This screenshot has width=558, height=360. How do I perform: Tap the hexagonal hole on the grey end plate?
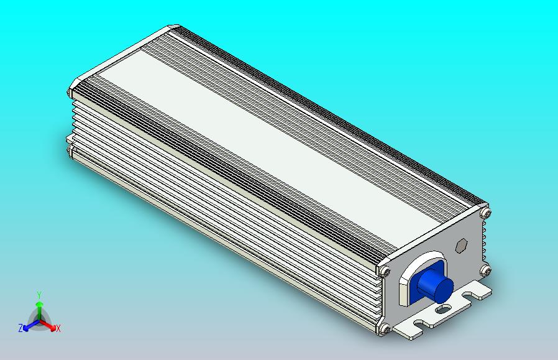click(x=461, y=245)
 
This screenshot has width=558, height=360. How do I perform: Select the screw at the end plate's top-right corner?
click(x=486, y=213)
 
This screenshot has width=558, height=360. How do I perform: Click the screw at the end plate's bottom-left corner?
click(x=385, y=329)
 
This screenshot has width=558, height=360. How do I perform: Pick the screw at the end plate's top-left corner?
click(x=385, y=272)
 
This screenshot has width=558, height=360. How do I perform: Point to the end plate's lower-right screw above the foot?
click(x=485, y=270)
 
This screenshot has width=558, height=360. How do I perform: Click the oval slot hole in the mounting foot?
click(x=442, y=309)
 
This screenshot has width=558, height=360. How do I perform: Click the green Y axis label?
click(x=39, y=295)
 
